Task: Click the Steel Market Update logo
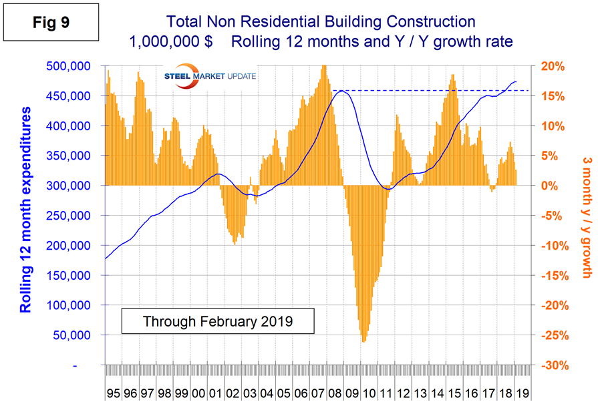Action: point(210,77)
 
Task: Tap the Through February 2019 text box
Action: point(218,321)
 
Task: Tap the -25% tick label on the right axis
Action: point(554,335)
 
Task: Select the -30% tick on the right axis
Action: point(554,365)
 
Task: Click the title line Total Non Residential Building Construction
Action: point(321,23)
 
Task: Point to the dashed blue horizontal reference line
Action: point(434,90)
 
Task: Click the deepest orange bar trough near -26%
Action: point(364,341)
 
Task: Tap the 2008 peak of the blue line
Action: point(341,90)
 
